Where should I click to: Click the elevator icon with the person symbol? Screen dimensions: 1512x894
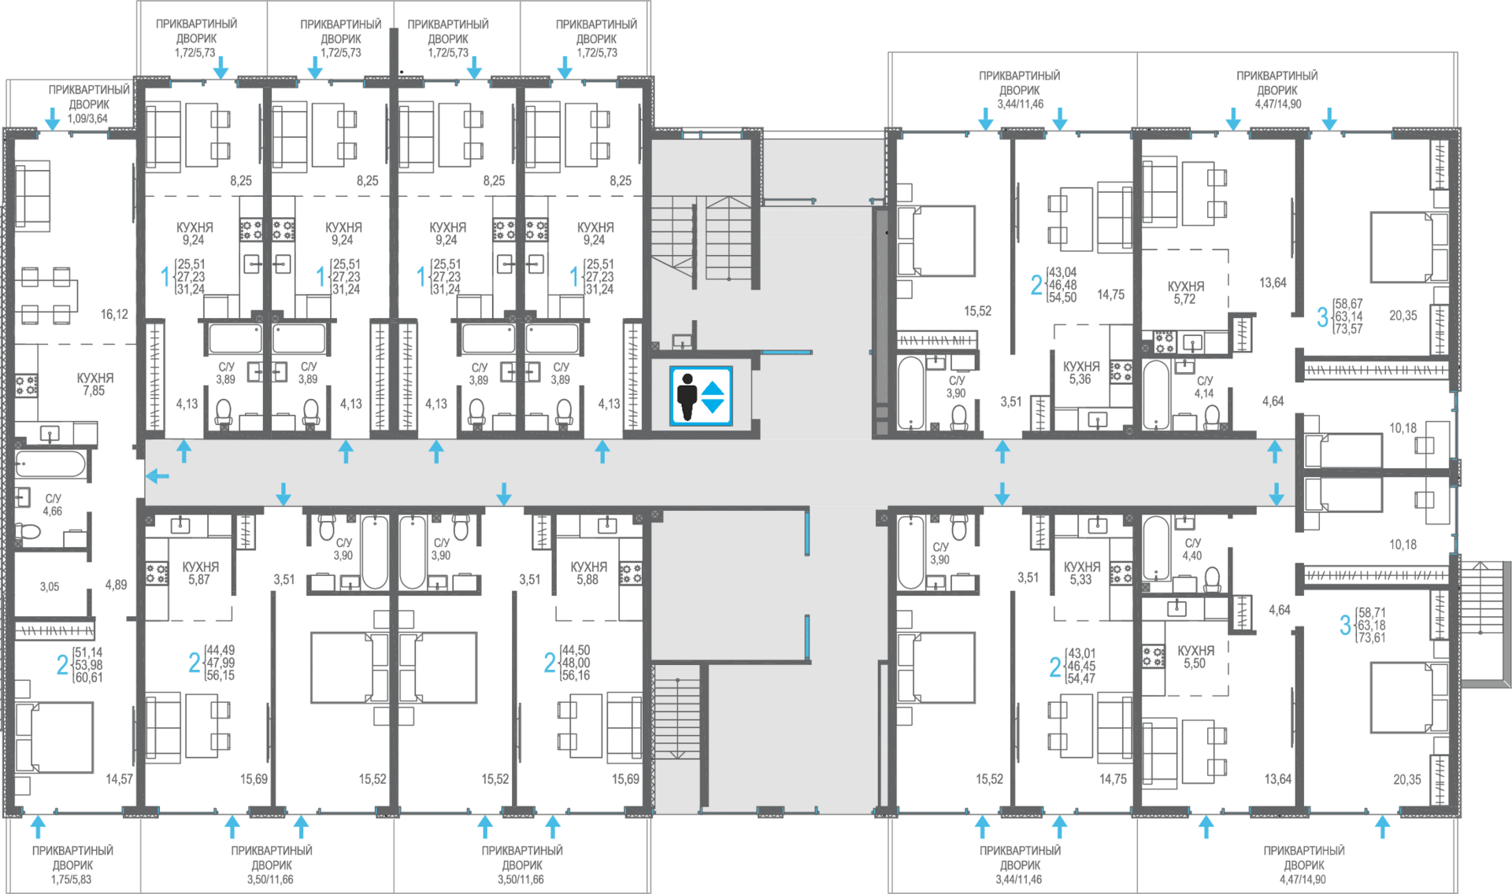701,396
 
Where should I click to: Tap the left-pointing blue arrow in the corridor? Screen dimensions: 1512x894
157,476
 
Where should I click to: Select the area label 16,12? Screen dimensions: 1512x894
114,315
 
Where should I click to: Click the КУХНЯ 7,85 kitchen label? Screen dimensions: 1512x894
94,384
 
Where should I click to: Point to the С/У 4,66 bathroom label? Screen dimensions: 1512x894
53,505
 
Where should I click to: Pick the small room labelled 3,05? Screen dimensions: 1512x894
49,587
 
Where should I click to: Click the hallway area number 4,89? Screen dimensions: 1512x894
116,586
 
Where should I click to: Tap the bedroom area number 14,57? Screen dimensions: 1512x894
120,779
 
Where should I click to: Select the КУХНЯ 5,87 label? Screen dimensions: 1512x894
200,573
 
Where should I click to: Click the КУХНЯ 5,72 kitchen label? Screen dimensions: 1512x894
1185,293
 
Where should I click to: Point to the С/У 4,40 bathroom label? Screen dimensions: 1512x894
1192,549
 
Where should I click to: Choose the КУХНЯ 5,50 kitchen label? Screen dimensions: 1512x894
1195,657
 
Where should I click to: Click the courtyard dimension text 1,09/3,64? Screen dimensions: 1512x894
87,119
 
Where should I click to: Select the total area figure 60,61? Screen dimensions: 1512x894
88,678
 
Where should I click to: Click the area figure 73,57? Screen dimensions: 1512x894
1348,329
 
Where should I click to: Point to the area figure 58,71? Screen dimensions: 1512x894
1372,612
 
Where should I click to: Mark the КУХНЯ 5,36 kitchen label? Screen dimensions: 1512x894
1080,373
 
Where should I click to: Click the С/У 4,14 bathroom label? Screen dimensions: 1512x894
1204,387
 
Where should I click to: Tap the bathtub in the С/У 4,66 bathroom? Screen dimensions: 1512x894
50,464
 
